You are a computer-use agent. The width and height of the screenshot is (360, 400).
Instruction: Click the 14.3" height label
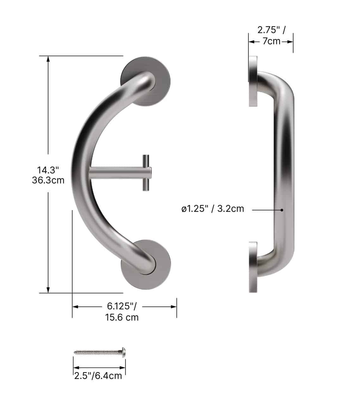click(x=48, y=170)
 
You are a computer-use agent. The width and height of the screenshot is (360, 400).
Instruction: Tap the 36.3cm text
click(x=48, y=180)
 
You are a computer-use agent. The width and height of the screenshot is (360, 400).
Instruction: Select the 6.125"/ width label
click(x=122, y=306)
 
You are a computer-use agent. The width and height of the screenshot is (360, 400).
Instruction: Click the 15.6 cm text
click(x=122, y=317)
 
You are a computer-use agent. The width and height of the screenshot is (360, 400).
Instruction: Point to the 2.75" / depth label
click(x=271, y=30)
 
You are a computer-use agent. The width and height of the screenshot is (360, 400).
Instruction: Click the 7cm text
click(x=271, y=41)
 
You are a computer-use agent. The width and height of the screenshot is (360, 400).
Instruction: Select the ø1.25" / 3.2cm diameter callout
click(x=213, y=209)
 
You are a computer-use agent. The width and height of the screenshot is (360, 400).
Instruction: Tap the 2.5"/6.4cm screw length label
click(x=98, y=376)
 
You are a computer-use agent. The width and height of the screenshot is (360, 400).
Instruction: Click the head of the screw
click(x=123, y=352)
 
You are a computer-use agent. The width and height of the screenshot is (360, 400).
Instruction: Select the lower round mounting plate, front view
click(x=161, y=272)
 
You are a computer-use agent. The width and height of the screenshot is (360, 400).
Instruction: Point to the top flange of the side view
click(x=253, y=81)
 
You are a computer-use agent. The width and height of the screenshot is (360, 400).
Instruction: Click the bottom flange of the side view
click(x=253, y=267)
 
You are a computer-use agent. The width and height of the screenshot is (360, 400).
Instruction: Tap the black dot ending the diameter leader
click(x=282, y=209)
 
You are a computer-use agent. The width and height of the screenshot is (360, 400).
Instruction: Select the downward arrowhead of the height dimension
click(x=48, y=290)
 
